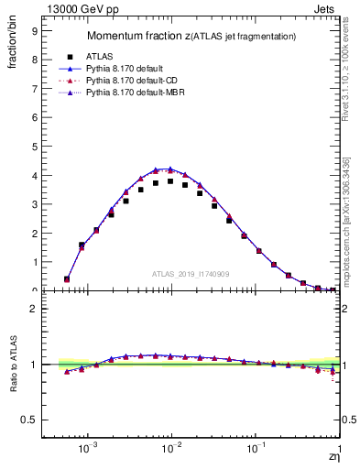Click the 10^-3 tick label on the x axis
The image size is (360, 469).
point(89,450)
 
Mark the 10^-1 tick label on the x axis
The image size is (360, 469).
point(256,450)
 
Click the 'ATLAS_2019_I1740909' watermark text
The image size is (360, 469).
point(191,274)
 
